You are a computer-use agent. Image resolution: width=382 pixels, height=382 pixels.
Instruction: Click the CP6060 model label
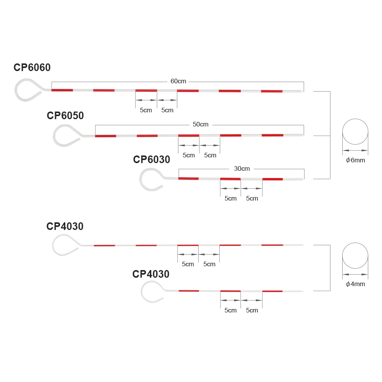[x=32, y=68]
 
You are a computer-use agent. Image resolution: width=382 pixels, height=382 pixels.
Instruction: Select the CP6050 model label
[x=65, y=116]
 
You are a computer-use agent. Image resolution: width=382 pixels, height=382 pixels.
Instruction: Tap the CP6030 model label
[x=152, y=159]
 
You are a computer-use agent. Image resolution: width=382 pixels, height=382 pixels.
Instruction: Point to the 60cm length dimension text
[x=178, y=81]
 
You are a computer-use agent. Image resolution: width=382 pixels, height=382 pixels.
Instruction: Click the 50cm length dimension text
[x=201, y=125]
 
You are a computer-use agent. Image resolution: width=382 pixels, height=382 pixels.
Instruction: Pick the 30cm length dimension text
[x=242, y=168]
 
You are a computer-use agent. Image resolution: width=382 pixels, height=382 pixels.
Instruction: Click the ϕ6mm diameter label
[x=355, y=160]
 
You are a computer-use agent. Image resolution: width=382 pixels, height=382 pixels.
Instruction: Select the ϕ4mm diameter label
[x=355, y=284]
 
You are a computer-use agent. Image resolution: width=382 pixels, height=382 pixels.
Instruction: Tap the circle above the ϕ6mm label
[x=355, y=132]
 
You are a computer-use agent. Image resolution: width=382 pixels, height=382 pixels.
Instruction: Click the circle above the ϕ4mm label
[x=355, y=256]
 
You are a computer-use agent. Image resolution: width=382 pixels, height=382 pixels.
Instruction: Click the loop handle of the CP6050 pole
[x=66, y=134]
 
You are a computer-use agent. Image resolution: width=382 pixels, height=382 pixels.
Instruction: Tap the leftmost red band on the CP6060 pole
[x=62, y=90]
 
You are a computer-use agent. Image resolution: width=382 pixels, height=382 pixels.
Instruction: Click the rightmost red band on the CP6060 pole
[x=272, y=91]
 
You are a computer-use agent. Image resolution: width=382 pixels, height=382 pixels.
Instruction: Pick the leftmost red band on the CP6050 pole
[x=105, y=136]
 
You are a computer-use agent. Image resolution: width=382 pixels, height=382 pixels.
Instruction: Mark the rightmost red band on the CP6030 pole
[x=272, y=179]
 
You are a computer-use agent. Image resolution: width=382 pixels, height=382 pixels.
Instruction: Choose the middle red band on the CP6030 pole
[x=230, y=179]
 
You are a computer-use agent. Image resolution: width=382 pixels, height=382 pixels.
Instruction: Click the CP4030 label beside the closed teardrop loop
[x=65, y=227]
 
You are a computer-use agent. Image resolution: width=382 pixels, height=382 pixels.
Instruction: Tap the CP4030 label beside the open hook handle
[x=151, y=274]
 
